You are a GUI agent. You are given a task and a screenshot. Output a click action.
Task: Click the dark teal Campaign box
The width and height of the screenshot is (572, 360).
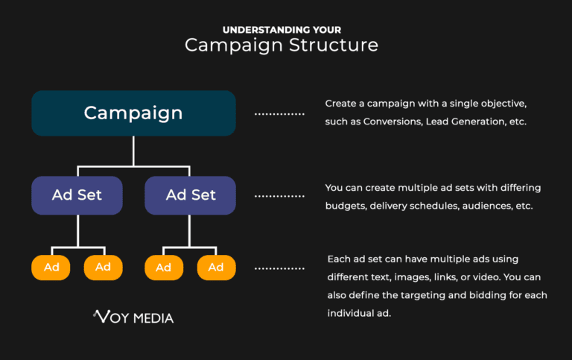(133, 113)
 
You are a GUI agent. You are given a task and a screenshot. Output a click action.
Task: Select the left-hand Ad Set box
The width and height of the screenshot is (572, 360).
(77, 195)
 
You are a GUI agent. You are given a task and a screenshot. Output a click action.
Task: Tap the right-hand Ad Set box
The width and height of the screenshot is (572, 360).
(191, 195)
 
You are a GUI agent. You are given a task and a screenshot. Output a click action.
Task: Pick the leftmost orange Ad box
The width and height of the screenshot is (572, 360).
(51, 267)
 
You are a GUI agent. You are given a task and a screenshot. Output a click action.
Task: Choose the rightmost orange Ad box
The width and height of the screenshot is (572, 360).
(216, 267)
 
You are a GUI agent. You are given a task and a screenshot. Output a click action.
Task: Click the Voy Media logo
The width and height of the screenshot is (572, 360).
(133, 318)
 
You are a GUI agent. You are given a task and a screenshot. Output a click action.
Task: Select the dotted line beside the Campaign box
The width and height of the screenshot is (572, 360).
(279, 114)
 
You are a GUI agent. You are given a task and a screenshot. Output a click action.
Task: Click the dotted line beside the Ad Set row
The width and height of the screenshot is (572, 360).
(279, 196)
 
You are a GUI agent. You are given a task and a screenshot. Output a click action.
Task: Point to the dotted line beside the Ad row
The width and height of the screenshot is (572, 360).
(279, 268)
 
